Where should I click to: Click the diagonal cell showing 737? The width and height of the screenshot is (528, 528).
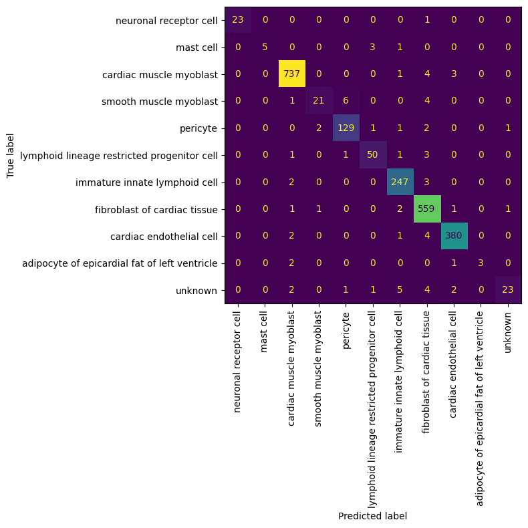pos(292,74)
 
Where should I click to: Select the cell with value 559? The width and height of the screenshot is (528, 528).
pos(427,209)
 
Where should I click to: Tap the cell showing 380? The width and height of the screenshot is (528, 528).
pos(454,236)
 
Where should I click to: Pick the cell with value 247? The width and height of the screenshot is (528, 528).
pos(400,182)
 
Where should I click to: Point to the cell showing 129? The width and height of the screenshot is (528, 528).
pos(346,128)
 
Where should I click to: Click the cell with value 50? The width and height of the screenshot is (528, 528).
pos(373,155)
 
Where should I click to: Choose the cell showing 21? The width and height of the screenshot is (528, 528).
pos(319,101)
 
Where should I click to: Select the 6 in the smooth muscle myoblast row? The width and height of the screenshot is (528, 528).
pos(346,101)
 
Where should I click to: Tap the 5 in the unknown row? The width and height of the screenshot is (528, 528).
pos(400,289)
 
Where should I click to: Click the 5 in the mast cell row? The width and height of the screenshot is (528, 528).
pos(265,47)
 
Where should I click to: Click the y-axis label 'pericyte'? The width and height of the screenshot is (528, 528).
pos(199,128)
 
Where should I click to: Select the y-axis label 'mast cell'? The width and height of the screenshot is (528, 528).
pos(196,47)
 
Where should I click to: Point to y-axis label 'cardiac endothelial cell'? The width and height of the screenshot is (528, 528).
pos(164,237)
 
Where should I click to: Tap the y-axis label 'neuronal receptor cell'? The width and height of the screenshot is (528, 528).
pos(166,21)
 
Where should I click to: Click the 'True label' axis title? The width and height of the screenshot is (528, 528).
pos(10,156)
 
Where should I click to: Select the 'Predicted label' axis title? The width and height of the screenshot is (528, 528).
pos(372,516)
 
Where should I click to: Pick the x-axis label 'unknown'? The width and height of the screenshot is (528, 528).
pos(508,332)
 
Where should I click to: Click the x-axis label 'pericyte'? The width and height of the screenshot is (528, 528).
pos(346,331)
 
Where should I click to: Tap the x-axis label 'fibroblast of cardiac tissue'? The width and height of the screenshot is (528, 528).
pos(426,372)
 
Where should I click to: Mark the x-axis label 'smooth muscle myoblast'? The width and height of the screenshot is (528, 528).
pos(318,369)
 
